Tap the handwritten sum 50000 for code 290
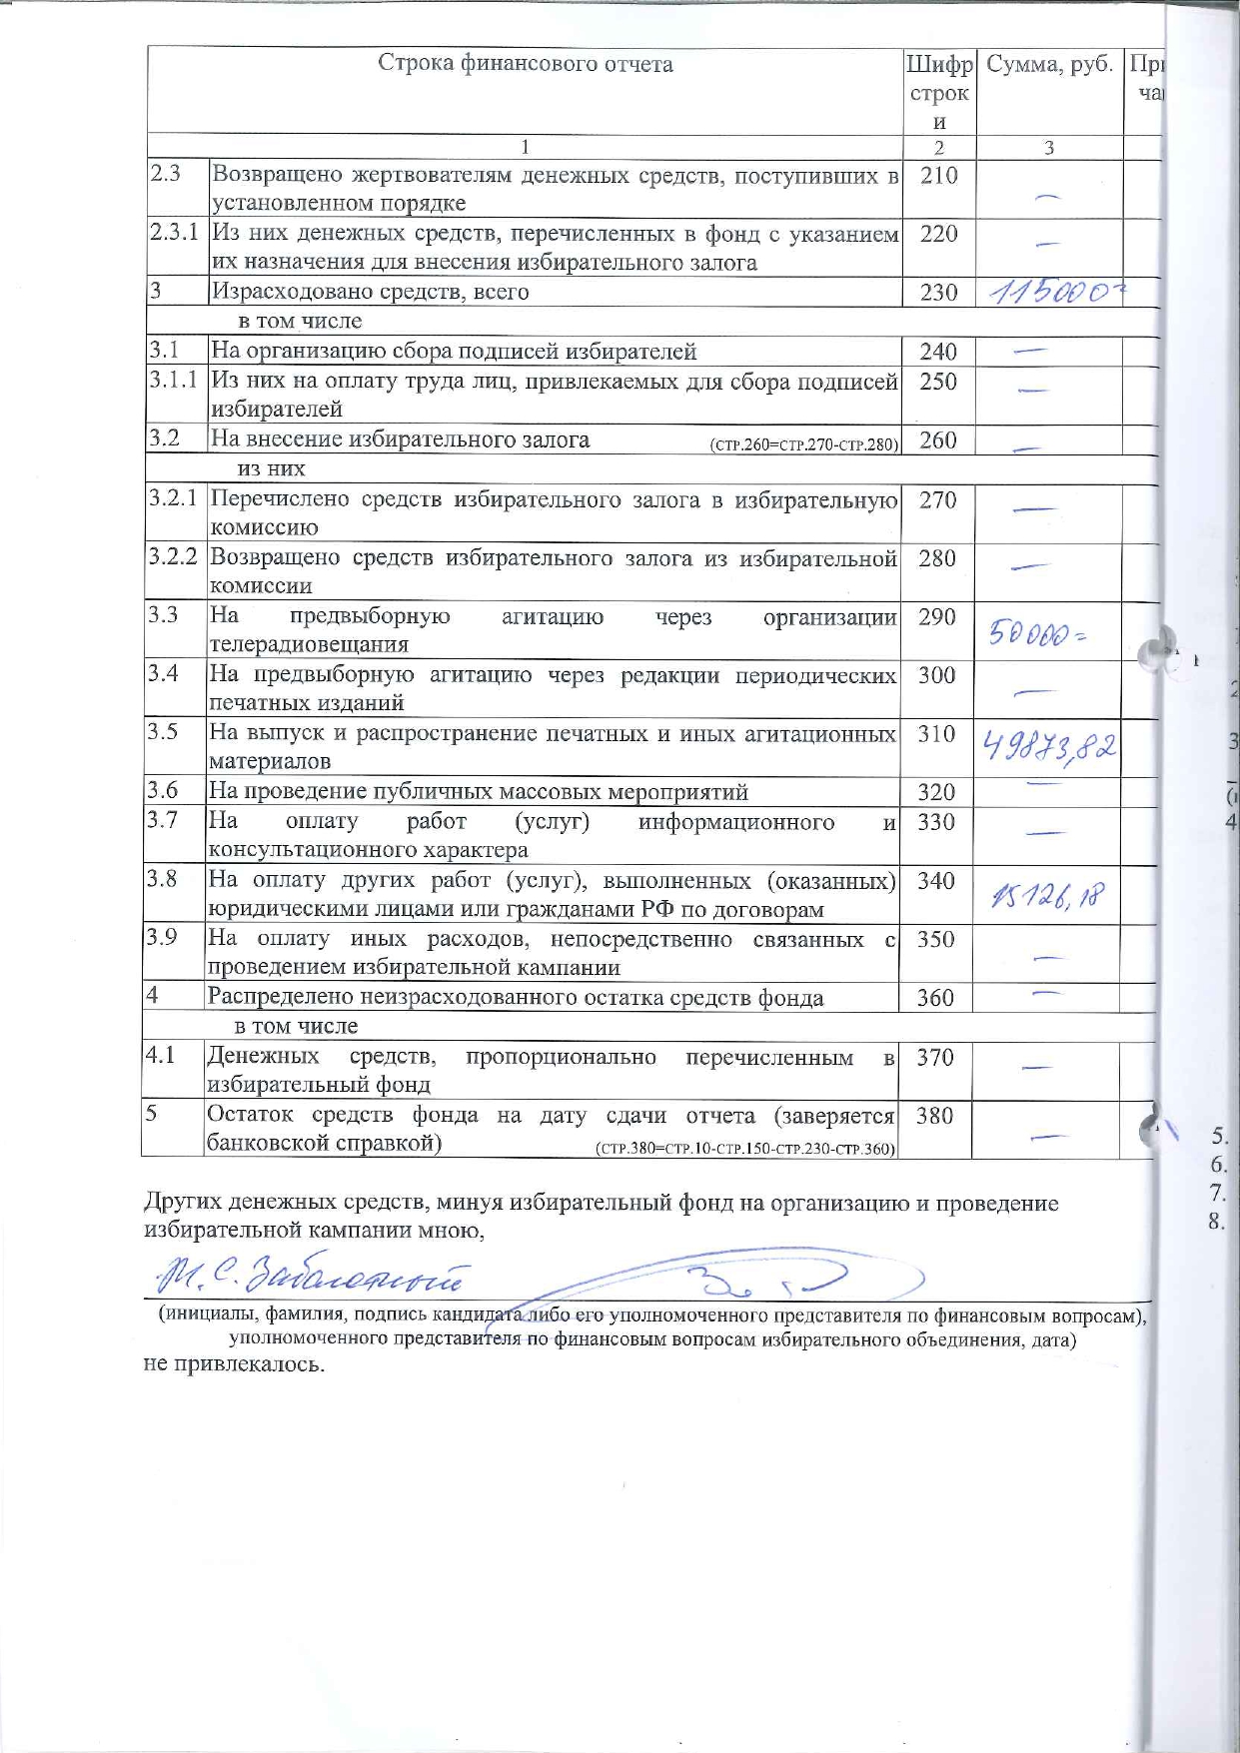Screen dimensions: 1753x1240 1036,633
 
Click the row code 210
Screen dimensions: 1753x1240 938,176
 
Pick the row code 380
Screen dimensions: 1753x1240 934,1116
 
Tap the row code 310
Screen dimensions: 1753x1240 937,734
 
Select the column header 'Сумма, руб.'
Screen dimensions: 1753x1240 1049,65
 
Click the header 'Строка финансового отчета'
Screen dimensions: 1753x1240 526,64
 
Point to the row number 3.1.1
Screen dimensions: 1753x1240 174,381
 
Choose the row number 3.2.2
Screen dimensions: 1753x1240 173,556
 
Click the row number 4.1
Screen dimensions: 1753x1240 161,1055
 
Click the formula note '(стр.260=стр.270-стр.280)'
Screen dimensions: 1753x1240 803,445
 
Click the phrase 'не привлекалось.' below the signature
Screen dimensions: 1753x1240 235,1364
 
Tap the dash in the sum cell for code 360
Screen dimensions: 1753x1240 1046,993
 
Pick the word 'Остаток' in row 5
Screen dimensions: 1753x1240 250,1115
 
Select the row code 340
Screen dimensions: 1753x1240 936,881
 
